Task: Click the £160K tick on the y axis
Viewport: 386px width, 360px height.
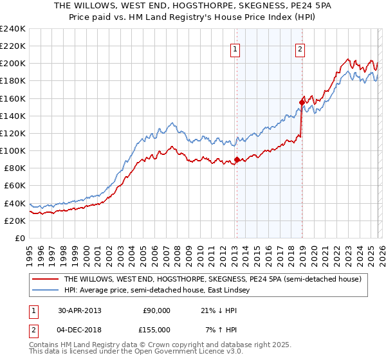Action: pyautogui.click(x=13, y=98)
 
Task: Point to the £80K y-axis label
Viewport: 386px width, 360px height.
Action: pyautogui.click(x=15, y=168)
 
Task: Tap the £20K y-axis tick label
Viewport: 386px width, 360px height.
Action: pyautogui.click(x=15, y=221)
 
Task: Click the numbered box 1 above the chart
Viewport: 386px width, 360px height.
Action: pyautogui.click(x=235, y=49)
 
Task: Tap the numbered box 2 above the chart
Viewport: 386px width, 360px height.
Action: pyautogui.click(x=300, y=49)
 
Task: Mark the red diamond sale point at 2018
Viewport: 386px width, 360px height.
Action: pyautogui.click(x=301, y=102)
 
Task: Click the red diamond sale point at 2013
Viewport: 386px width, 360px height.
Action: pyautogui.click(x=237, y=159)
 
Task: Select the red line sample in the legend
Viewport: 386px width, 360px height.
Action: pyautogui.click(x=44, y=279)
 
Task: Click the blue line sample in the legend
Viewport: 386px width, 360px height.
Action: pyautogui.click(x=44, y=291)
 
